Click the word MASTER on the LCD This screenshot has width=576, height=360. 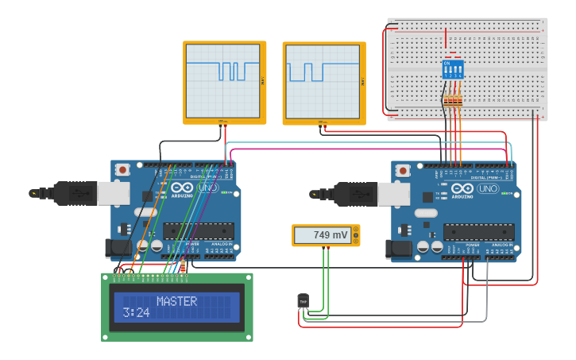tap(176, 301)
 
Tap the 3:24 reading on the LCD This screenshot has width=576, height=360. tap(136, 312)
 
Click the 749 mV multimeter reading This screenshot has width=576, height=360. tap(330, 235)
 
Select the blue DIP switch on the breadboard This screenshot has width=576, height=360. tap(453, 69)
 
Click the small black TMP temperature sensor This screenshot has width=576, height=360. tap(303, 300)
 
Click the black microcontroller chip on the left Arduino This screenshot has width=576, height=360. tap(198, 230)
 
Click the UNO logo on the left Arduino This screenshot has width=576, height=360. tap(207, 188)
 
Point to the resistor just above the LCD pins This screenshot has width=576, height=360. tap(184, 266)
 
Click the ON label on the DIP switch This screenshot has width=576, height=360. tap(447, 63)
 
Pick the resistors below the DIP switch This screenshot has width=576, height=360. tap(453, 100)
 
